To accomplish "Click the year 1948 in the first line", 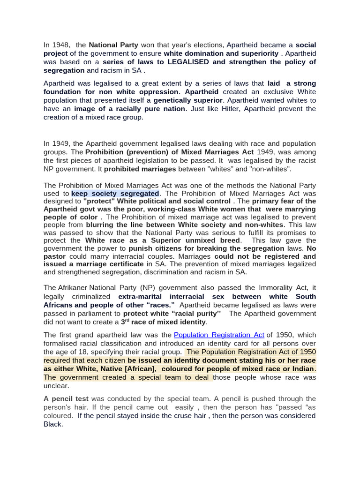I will click(60, 45).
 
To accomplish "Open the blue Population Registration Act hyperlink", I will click(219, 335).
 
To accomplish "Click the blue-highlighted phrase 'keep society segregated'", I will click(115, 193).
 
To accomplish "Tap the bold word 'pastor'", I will click(54, 256).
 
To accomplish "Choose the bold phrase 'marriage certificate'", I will click(113, 264).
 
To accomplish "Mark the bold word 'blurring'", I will click(101, 225).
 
